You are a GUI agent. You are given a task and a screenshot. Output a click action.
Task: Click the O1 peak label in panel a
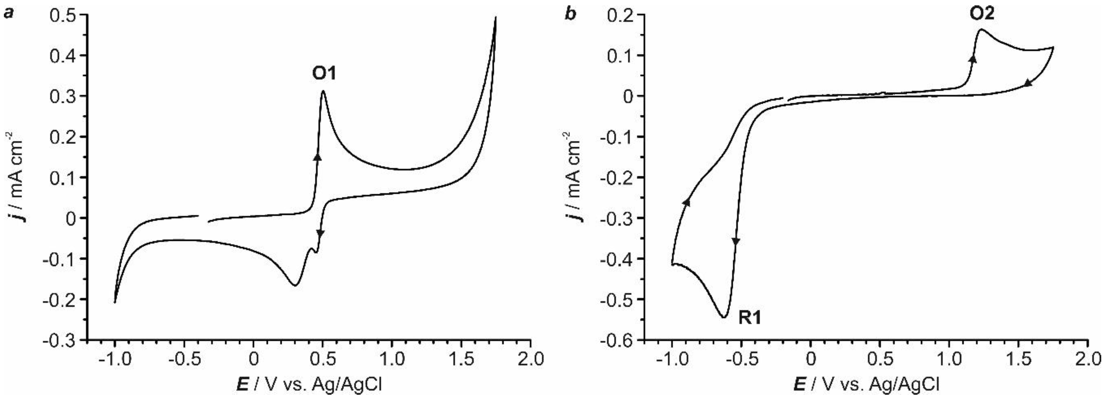[324, 74]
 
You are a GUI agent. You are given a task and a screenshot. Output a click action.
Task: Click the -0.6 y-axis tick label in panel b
[616, 340]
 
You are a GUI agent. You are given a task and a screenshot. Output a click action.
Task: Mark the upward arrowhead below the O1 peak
[317, 157]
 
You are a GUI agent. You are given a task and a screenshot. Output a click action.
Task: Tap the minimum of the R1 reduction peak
[723, 317]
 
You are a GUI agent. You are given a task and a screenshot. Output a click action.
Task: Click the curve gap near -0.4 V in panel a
[204, 219]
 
